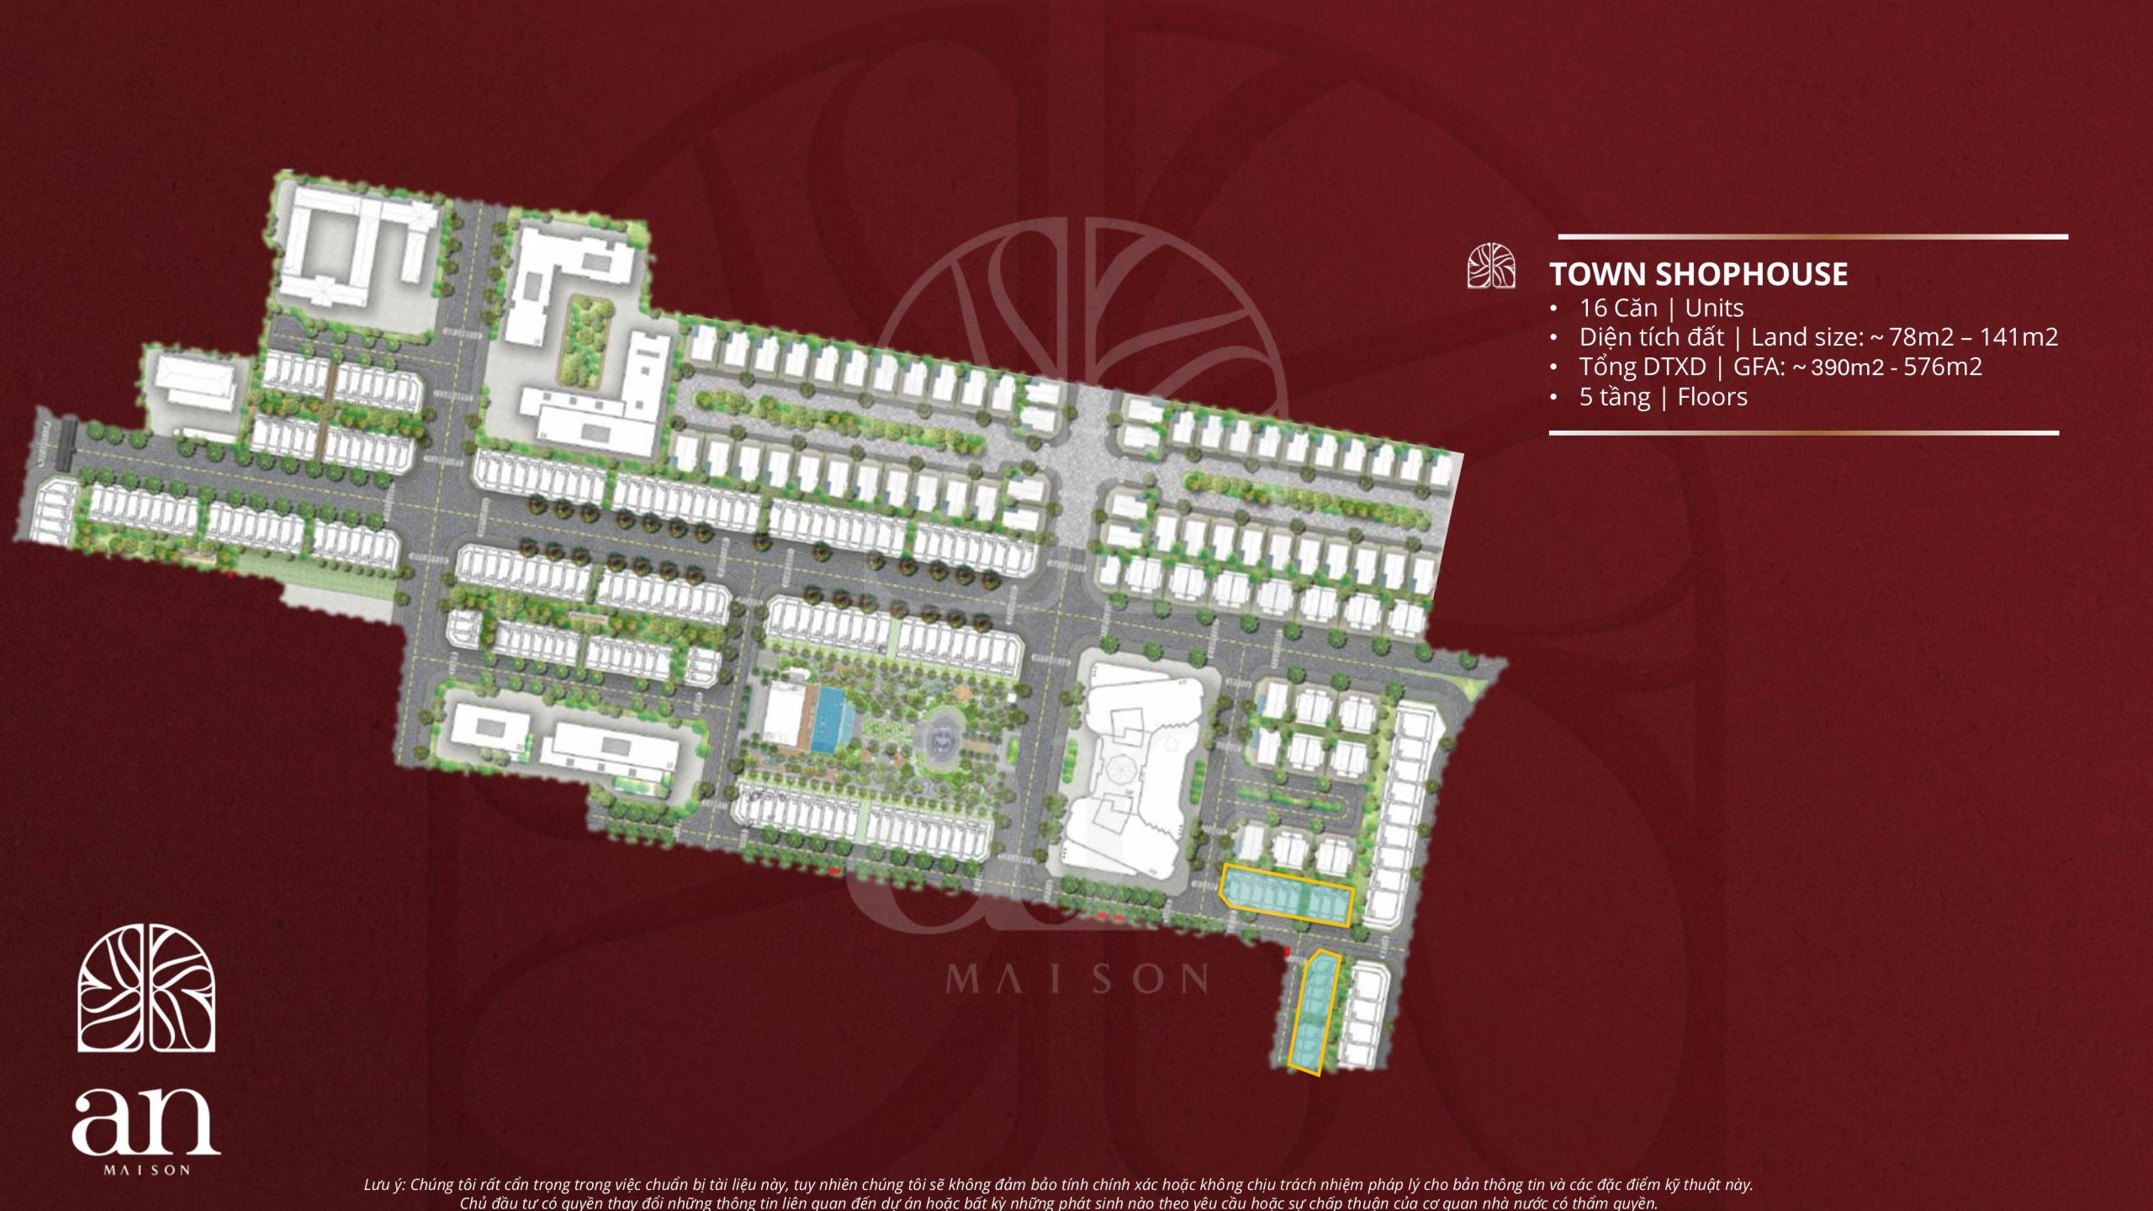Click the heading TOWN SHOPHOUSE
pos(1698,274)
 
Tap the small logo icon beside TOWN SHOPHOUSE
pos(1491,267)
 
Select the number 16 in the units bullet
pos(1593,308)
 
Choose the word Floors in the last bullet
pos(1712,397)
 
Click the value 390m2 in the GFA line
pos(1848,367)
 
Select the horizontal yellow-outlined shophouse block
pos(1286,896)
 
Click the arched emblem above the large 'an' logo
pos(146,988)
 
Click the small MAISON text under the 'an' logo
pos(146,1170)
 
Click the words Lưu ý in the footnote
pos(384,1184)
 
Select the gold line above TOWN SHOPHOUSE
pos(1812,237)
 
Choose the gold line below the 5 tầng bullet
pos(1803,433)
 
